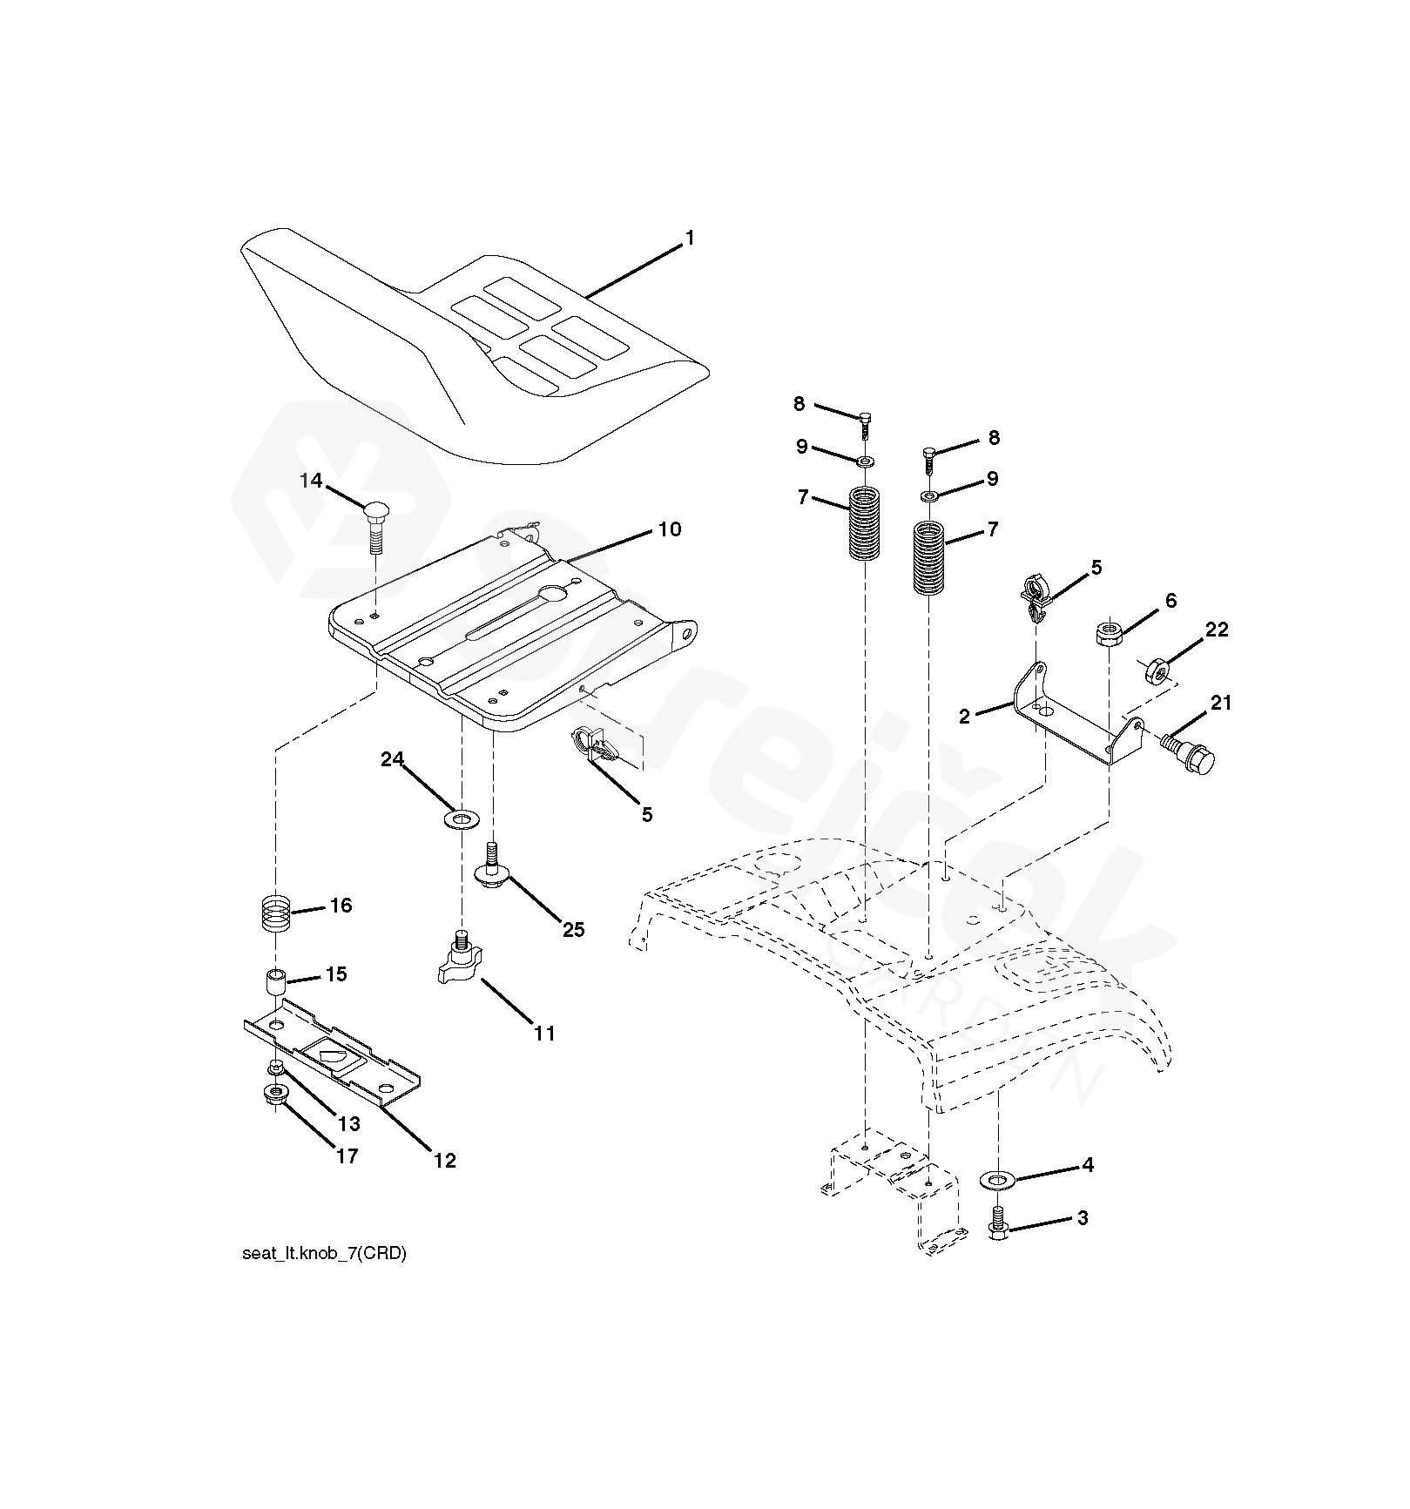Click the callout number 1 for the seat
690,238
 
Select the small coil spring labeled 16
275,917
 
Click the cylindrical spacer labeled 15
275,985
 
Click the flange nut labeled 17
276,1095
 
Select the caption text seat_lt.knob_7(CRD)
324,1255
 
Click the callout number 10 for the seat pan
669,529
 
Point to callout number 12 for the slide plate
445,1161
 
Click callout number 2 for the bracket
964,717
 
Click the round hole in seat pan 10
552,594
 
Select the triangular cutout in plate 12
332,1055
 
